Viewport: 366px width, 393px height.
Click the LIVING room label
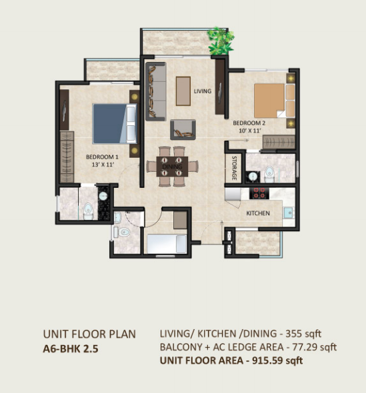click(x=203, y=91)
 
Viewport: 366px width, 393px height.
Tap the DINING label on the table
click(x=172, y=167)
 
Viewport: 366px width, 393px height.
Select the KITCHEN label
click(x=258, y=213)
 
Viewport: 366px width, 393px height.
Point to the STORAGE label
click(x=234, y=168)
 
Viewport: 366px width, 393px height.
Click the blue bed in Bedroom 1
click(x=115, y=124)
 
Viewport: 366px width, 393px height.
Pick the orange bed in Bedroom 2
click(x=275, y=101)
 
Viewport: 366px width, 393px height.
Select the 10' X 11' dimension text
click(x=250, y=131)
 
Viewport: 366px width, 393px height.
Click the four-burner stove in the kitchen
click(x=259, y=193)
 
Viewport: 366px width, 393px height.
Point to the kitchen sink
click(x=289, y=213)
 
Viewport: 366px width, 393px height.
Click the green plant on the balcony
click(x=220, y=41)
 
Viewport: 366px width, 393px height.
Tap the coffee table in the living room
click(x=183, y=91)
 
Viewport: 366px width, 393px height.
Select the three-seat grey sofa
click(x=156, y=91)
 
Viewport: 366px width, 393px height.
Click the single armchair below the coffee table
click(x=183, y=130)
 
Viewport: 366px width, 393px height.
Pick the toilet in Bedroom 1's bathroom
click(x=88, y=211)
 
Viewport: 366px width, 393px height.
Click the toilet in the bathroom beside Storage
click(x=269, y=174)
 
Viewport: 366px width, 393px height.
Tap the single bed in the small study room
click(x=167, y=244)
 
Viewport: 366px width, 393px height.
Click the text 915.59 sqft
click(x=277, y=360)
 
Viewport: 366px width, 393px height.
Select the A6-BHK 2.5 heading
click(x=71, y=348)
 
